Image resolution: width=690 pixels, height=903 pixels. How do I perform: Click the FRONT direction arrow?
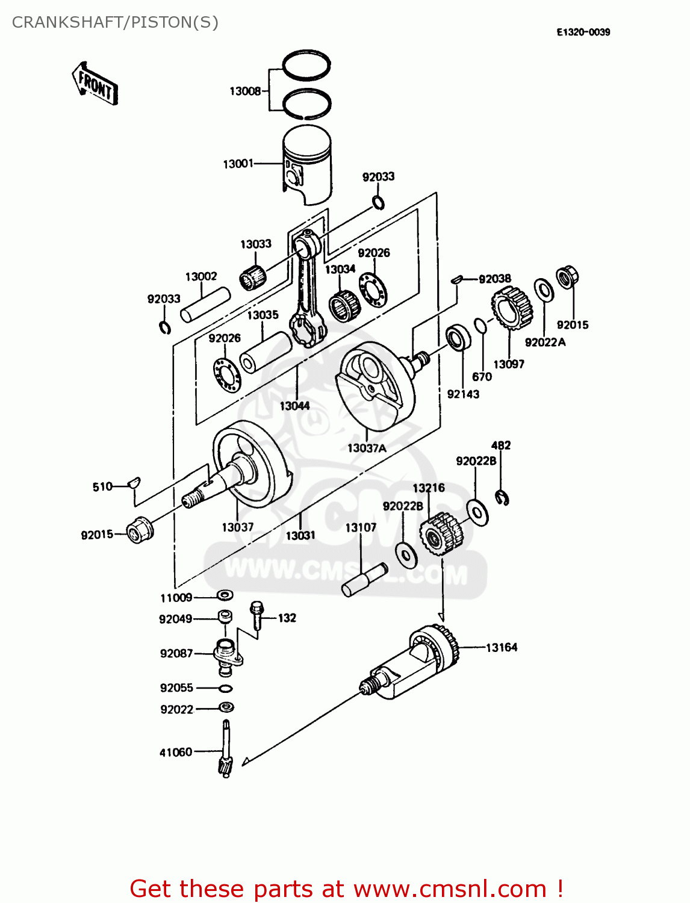point(95,84)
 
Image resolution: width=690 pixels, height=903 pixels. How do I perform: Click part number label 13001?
point(238,164)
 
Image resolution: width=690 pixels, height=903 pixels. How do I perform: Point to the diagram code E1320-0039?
point(583,33)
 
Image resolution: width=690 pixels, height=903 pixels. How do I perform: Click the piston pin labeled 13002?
point(206,306)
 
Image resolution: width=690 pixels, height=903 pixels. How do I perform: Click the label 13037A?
point(367,448)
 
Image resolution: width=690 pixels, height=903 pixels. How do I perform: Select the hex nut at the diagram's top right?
point(566,278)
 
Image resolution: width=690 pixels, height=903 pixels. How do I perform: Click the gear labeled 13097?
point(512,307)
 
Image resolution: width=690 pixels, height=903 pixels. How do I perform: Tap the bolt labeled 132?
point(257,615)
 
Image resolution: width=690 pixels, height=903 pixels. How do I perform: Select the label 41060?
point(176,752)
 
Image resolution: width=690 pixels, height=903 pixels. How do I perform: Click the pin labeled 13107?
point(365,579)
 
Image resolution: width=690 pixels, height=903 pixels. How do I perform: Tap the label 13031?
point(300,536)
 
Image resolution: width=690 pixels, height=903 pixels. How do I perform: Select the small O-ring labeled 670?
point(480,326)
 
